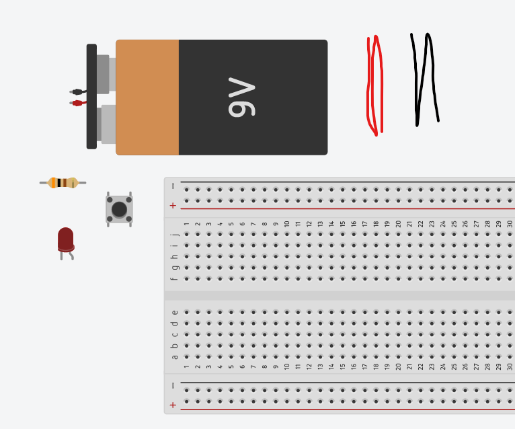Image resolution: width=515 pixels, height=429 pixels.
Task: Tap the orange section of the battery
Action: pos(147,97)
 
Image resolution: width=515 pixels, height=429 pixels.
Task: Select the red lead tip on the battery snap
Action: pos(77,103)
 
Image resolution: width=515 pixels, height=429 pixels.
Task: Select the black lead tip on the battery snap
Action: pos(77,91)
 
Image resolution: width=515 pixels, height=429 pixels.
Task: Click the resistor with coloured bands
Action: pos(63,183)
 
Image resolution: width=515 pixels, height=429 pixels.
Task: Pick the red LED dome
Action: pos(65,238)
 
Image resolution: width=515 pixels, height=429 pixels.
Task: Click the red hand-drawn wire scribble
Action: pos(374,84)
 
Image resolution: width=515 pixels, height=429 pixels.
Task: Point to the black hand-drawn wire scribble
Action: pos(424,79)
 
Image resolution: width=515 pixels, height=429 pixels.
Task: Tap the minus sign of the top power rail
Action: pos(173,186)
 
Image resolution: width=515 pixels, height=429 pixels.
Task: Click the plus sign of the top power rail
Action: pos(173,205)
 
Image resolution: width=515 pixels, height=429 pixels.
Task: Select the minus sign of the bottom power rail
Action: pos(173,386)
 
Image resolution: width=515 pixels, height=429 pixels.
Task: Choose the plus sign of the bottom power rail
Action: pos(173,405)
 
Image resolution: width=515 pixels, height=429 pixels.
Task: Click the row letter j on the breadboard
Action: pos(175,235)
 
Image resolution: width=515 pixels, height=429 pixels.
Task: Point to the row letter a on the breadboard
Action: pos(175,356)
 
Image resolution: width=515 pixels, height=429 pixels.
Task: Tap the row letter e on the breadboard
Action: pos(175,312)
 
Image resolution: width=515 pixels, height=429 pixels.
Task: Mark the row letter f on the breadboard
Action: pos(175,278)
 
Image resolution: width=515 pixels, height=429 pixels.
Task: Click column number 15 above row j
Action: pos(342,224)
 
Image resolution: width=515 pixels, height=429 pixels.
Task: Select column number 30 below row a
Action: pos(510,367)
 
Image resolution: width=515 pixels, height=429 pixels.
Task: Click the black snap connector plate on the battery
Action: pos(91,96)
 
